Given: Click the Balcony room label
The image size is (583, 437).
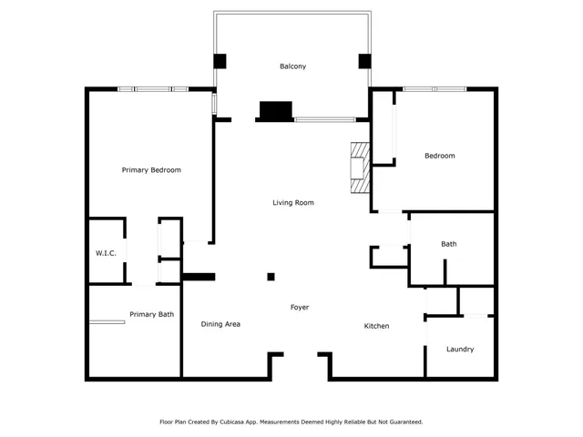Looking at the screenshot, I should pos(292,66).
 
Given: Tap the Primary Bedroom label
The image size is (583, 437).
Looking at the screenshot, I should pos(151,170).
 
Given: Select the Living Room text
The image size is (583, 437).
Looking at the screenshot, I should pos(292,202).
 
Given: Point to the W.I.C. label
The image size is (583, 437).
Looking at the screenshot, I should pos(105,252).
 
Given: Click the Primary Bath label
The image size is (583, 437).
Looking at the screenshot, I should pos(151,314).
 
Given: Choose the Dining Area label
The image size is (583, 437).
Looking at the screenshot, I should pos(220,324).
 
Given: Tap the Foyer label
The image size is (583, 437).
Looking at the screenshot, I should pos(300,308).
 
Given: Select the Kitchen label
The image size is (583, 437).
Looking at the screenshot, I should pos(377,326).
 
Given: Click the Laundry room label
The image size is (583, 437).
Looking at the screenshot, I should pos(460,350).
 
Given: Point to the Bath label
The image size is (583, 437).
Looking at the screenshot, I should pos(448,244).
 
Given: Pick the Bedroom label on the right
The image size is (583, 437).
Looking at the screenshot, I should pos(439,156).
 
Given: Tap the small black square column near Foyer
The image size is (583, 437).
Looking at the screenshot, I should pos(271,277).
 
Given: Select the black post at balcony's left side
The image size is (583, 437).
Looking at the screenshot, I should pos(220,62).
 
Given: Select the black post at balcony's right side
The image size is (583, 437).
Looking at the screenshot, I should pos(365,62).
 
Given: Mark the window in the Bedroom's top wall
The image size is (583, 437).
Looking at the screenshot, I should pos(435,89).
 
